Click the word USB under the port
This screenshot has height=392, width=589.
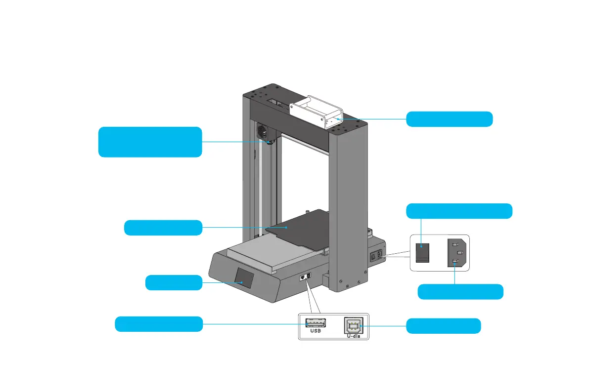[315, 331]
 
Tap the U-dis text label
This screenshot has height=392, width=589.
[356, 335]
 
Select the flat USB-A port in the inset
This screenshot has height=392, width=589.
[315, 323]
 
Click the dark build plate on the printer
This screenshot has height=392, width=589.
[297, 228]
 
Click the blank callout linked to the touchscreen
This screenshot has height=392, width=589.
[174, 283]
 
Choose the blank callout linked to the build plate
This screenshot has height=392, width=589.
[163, 228]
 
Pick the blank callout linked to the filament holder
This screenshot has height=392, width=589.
[449, 119]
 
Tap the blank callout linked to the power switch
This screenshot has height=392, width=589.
[459, 211]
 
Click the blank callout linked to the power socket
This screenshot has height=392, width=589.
[460, 292]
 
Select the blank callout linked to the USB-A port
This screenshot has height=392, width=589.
[158, 324]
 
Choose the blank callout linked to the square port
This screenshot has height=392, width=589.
[443, 326]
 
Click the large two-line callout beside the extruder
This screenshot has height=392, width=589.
[150, 142]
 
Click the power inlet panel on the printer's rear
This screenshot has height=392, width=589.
[376, 256]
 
